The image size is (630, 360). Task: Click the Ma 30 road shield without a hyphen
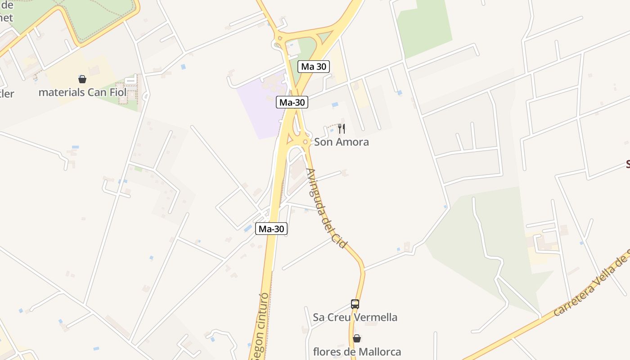[x=314, y=67]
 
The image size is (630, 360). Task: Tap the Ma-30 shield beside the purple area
[x=292, y=102]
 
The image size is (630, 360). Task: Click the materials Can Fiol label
[x=82, y=93]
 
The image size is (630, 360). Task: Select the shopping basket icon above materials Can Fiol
[x=82, y=79]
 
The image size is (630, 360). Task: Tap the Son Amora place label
[x=341, y=142]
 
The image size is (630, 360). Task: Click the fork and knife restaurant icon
[x=342, y=129]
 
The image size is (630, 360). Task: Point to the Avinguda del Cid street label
[x=326, y=208]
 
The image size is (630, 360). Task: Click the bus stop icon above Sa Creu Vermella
[x=355, y=304]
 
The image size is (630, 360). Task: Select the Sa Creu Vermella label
[x=355, y=317]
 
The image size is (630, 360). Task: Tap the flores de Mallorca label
[x=357, y=351]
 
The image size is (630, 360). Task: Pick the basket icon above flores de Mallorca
[x=357, y=338]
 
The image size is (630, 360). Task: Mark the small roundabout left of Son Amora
[x=306, y=142]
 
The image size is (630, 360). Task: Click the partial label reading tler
[x=7, y=94]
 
